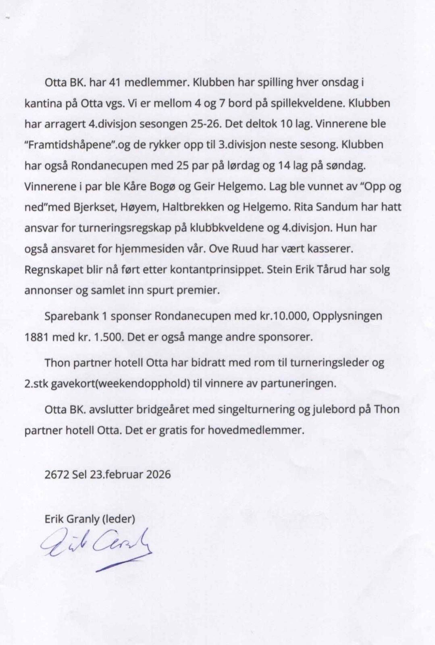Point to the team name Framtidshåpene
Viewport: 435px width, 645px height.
coord(71,145)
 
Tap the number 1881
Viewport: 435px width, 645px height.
coord(36,337)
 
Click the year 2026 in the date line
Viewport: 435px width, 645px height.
coord(158,474)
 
